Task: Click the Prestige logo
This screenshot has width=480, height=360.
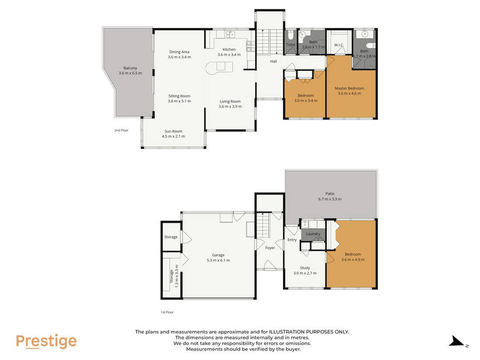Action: (x=46, y=342)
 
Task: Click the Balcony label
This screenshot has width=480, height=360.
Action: (x=130, y=68)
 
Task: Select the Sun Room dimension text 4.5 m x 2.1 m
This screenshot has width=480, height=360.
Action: (x=173, y=137)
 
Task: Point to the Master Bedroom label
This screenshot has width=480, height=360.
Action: (x=349, y=88)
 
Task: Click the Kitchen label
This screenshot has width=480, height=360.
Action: (x=229, y=49)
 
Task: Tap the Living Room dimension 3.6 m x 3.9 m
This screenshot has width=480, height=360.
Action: (x=230, y=107)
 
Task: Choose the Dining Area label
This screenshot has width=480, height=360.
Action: (x=179, y=52)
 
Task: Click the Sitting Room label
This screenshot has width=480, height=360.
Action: (x=179, y=96)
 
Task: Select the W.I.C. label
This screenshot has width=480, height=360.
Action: (x=339, y=45)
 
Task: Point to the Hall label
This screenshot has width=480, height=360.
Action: (x=273, y=61)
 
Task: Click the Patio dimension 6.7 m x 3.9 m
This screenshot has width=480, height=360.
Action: (x=330, y=199)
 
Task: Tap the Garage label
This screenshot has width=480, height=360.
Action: (x=218, y=255)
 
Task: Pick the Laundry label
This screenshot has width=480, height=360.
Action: (x=313, y=234)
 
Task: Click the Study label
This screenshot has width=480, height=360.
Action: (x=305, y=268)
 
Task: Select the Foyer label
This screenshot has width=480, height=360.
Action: (x=270, y=248)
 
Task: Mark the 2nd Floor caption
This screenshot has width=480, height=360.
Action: (x=121, y=131)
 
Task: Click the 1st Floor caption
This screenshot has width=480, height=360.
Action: (x=167, y=312)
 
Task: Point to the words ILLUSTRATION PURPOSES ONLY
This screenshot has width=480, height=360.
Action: (x=309, y=332)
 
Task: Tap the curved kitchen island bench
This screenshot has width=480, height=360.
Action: (x=219, y=68)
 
